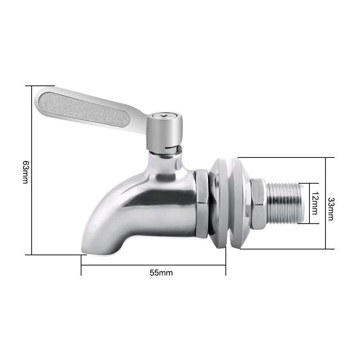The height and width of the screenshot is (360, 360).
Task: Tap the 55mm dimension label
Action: [x=161, y=273]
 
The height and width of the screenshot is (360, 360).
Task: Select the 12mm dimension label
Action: [x=315, y=203]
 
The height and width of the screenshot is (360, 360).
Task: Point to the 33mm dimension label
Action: [x=331, y=209]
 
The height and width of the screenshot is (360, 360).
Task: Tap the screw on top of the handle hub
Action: [x=164, y=116]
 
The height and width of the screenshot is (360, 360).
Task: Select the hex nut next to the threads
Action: [x=258, y=203]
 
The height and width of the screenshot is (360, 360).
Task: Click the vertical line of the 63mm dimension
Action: [x=31, y=170]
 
